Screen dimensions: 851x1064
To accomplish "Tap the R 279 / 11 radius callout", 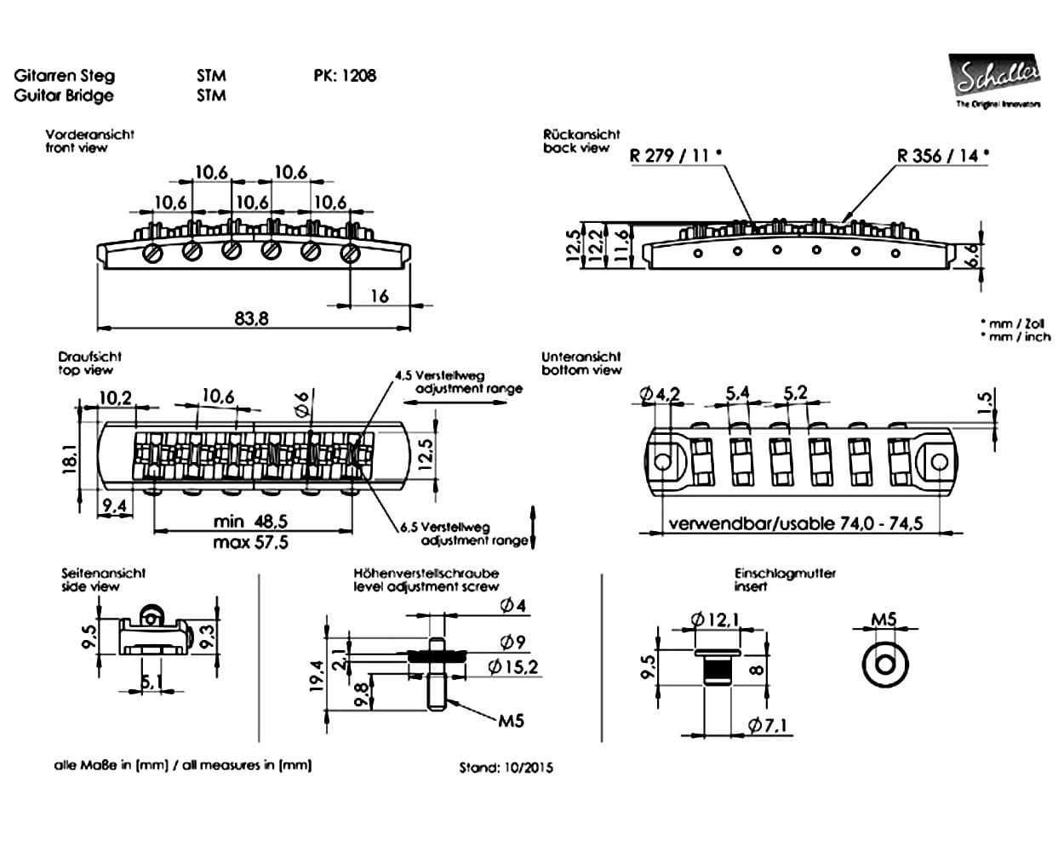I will [675, 155].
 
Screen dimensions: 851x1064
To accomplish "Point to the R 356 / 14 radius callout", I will [943, 155].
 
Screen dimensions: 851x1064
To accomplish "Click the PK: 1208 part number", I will [345, 75].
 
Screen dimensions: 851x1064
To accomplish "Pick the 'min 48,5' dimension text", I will [250, 520].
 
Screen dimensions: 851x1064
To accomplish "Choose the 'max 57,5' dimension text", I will [250, 542].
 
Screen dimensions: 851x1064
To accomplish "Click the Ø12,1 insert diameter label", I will [716, 620].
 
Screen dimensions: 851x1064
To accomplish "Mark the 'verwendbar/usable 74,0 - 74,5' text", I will [795, 523].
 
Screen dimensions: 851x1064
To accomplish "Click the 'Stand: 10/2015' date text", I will [506, 768].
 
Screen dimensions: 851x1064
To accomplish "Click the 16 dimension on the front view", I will [380, 296].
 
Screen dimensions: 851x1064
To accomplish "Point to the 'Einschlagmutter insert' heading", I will [785, 580].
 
